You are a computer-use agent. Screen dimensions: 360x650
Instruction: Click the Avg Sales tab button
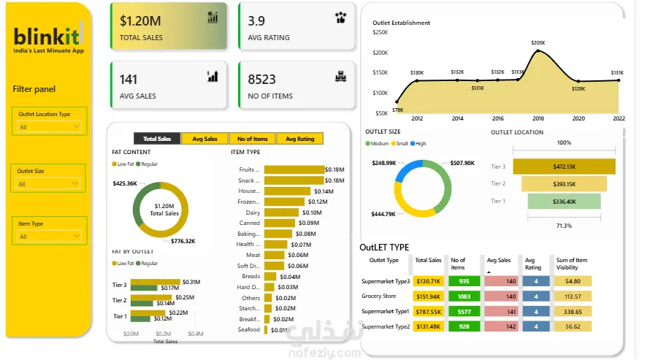(x=204, y=139)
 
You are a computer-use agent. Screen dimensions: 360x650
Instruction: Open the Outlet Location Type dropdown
(x=50, y=126)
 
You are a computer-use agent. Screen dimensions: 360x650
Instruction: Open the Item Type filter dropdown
(x=50, y=236)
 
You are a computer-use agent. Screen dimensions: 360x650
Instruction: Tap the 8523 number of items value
(x=261, y=79)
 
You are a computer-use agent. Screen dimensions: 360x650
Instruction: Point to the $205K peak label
(x=538, y=43)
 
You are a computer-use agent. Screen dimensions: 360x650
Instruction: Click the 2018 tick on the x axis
(x=538, y=118)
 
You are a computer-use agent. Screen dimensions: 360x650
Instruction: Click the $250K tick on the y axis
(x=381, y=32)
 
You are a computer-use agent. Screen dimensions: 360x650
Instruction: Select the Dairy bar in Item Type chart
(x=281, y=212)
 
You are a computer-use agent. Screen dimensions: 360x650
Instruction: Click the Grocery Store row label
(x=378, y=296)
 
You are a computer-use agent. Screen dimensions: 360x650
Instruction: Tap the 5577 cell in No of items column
(x=464, y=311)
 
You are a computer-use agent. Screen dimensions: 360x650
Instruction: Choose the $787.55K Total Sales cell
(x=428, y=311)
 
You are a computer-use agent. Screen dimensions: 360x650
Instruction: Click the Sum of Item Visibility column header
(x=572, y=264)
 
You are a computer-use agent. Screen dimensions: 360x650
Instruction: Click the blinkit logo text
(x=46, y=35)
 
